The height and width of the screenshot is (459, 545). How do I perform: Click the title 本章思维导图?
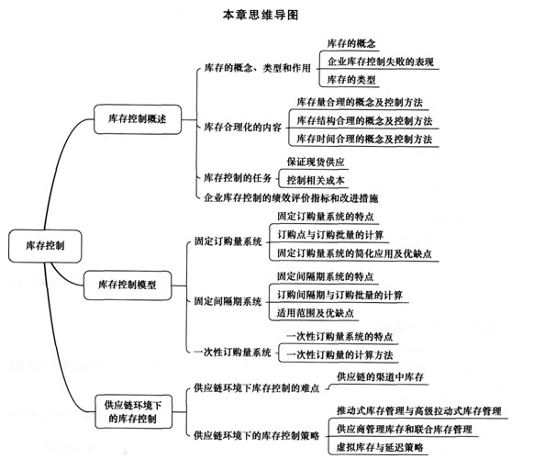tap(261, 15)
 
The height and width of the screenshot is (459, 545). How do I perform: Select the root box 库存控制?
tap(45, 246)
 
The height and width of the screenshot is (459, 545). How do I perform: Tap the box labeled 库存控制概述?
tap(138, 119)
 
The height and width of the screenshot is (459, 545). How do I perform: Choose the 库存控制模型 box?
tap(128, 285)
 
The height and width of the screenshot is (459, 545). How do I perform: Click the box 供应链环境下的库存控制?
tap(133, 411)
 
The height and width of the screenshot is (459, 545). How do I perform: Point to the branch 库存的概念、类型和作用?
tap(257, 68)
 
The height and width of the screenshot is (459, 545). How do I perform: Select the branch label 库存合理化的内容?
tap(242, 128)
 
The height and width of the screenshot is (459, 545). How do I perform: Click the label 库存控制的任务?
tap(238, 178)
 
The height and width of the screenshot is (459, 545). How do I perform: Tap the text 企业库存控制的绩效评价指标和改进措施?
tap(291, 198)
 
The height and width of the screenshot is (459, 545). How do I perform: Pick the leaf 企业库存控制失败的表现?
tap(380, 62)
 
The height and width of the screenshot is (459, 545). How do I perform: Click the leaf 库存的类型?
tap(351, 80)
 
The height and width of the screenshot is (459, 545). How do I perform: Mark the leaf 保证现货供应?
tap(316, 162)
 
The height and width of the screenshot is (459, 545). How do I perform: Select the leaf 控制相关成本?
tap(316, 180)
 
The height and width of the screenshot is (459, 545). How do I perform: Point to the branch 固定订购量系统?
tap(228, 241)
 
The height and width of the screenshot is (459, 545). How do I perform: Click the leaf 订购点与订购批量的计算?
tap(330, 235)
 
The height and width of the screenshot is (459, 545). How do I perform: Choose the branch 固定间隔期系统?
tap(228, 301)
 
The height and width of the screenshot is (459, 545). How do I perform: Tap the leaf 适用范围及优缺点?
tap(316, 313)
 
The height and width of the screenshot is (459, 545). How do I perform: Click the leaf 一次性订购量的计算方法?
tap(339, 354)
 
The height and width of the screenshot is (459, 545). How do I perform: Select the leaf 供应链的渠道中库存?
tap(380, 377)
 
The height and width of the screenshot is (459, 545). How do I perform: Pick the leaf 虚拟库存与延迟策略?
tap(380, 447)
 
